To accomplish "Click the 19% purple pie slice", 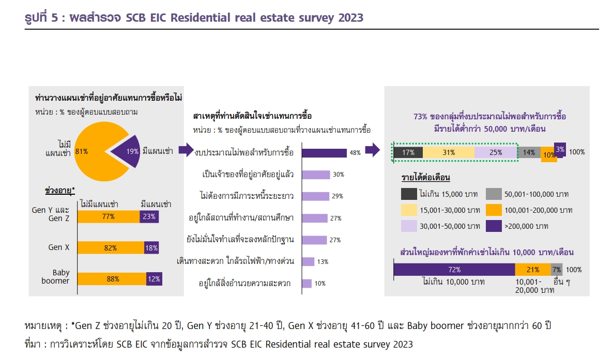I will coord(128,151).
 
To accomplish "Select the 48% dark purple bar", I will coord(324,153).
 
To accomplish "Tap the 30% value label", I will coord(338,175).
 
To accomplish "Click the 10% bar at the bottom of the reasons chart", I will coord(306,284).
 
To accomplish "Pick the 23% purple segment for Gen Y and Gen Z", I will coord(149,217).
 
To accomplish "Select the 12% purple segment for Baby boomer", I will coord(154,279).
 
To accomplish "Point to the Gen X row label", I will coord(58,247).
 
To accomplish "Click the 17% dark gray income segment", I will coord(408,152).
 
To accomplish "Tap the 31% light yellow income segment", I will coord(449,152).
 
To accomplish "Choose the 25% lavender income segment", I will coord(495,152).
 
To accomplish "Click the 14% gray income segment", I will coord(529,152).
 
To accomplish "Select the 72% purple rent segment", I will coord(454,270).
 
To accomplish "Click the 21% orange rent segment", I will coord(533,270).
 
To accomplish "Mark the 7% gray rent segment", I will coord(557,270).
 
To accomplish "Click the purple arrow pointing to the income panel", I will coord(372,150).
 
